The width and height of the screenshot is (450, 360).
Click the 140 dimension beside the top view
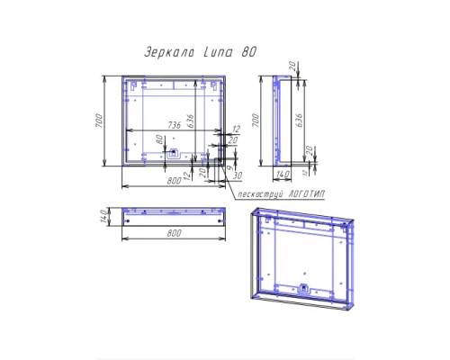coord(105,216)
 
